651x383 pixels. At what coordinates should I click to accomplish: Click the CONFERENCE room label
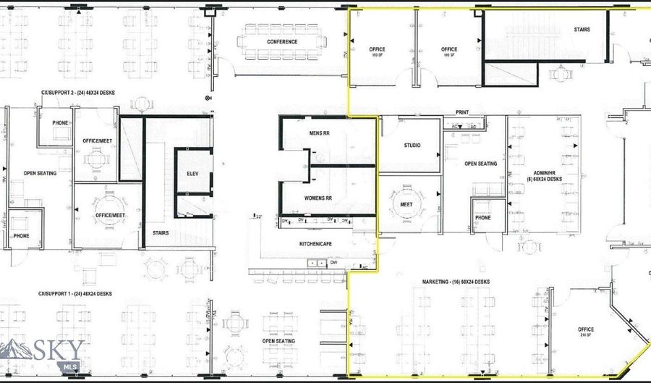point(282,42)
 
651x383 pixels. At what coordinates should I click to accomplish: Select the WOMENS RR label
point(319,198)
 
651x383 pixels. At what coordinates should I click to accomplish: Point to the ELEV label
point(192,174)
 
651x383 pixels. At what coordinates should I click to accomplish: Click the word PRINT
point(463,113)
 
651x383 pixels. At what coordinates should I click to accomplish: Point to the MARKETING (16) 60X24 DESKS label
point(459,282)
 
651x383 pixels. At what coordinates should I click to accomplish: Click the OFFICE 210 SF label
point(586,332)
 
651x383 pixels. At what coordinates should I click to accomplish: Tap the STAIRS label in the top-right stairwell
point(582,30)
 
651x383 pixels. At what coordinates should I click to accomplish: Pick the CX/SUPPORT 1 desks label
point(75,294)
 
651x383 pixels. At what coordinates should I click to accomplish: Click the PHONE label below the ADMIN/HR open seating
point(482,217)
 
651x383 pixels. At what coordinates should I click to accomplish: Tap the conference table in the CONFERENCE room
point(282,31)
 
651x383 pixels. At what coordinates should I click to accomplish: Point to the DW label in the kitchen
point(333,262)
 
